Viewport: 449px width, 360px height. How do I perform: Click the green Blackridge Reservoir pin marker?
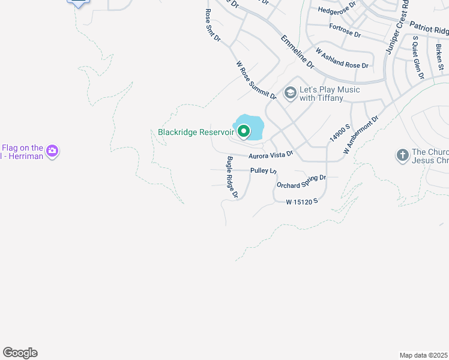(x=244, y=130)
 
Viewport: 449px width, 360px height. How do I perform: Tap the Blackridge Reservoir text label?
(x=196, y=132)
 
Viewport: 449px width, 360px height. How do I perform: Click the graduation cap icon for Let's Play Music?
(x=291, y=92)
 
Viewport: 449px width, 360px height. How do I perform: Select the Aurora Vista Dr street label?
(x=271, y=155)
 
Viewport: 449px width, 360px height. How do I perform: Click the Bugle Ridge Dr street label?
(x=232, y=177)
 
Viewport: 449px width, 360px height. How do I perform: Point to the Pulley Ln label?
(x=263, y=171)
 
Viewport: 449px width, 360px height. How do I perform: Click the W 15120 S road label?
(x=301, y=202)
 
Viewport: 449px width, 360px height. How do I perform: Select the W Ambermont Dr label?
(x=361, y=136)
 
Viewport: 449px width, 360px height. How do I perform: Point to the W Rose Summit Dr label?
(x=256, y=80)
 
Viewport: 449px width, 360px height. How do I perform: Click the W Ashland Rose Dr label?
(x=342, y=59)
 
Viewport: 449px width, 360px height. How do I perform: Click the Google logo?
(x=20, y=353)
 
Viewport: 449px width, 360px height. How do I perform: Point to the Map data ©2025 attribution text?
(x=423, y=355)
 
